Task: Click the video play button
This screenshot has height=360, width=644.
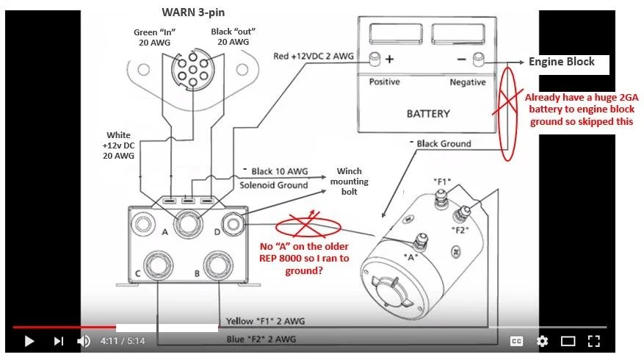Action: tap(29, 341)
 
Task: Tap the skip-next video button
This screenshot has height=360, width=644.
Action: tap(59, 341)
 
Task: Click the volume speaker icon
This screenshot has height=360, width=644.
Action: tap(84, 341)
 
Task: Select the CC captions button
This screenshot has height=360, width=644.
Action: tap(516, 341)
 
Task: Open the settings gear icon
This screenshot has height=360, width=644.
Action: tap(542, 341)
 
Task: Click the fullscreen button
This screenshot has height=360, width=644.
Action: tap(594, 341)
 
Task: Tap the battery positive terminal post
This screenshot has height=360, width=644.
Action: tap(375, 58)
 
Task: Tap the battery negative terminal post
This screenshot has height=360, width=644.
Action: tap(478, 58)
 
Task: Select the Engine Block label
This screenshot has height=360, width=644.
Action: tap(562, 62)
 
